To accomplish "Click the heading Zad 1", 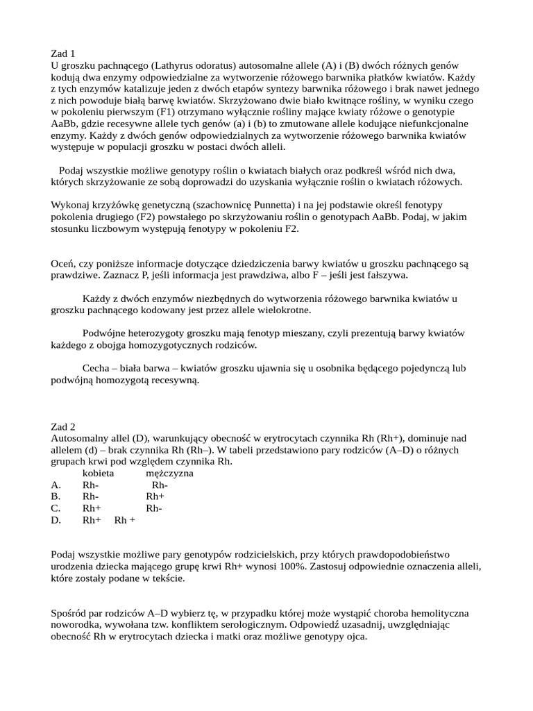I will [x=63, y=53].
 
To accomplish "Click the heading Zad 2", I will [x=63, y=427].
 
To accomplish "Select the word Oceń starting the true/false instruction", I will [x=63, y=264].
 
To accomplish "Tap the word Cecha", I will [x=96, y=369].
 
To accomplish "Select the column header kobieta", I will [x=99, y=474].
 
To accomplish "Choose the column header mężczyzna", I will [x=169, y=474].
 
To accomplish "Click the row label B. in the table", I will [x=56, y=497].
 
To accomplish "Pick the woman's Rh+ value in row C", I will [x=92, y=509].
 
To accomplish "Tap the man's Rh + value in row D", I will [x=124, y=521].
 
